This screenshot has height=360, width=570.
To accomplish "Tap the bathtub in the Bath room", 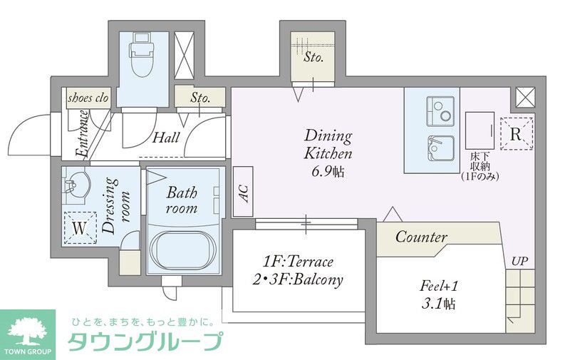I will tap(182, 250).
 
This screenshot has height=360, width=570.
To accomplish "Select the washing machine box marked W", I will tap(79, 228).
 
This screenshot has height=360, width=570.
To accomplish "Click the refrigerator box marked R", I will tap(517, 133).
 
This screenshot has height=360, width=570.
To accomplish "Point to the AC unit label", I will tap(243, 191).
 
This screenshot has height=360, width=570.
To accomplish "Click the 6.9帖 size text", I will tap(328, 170).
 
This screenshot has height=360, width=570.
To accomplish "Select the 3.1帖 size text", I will tap(439, 304).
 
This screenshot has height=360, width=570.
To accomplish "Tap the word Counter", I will tap(421, 237).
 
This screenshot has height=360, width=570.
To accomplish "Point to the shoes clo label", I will tap(88, 98).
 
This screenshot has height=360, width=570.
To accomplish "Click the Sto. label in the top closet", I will tap(313, 58).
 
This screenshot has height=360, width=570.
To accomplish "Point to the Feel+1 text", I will tap(439, 287).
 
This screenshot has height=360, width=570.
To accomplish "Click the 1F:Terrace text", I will tap(298, 262).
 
